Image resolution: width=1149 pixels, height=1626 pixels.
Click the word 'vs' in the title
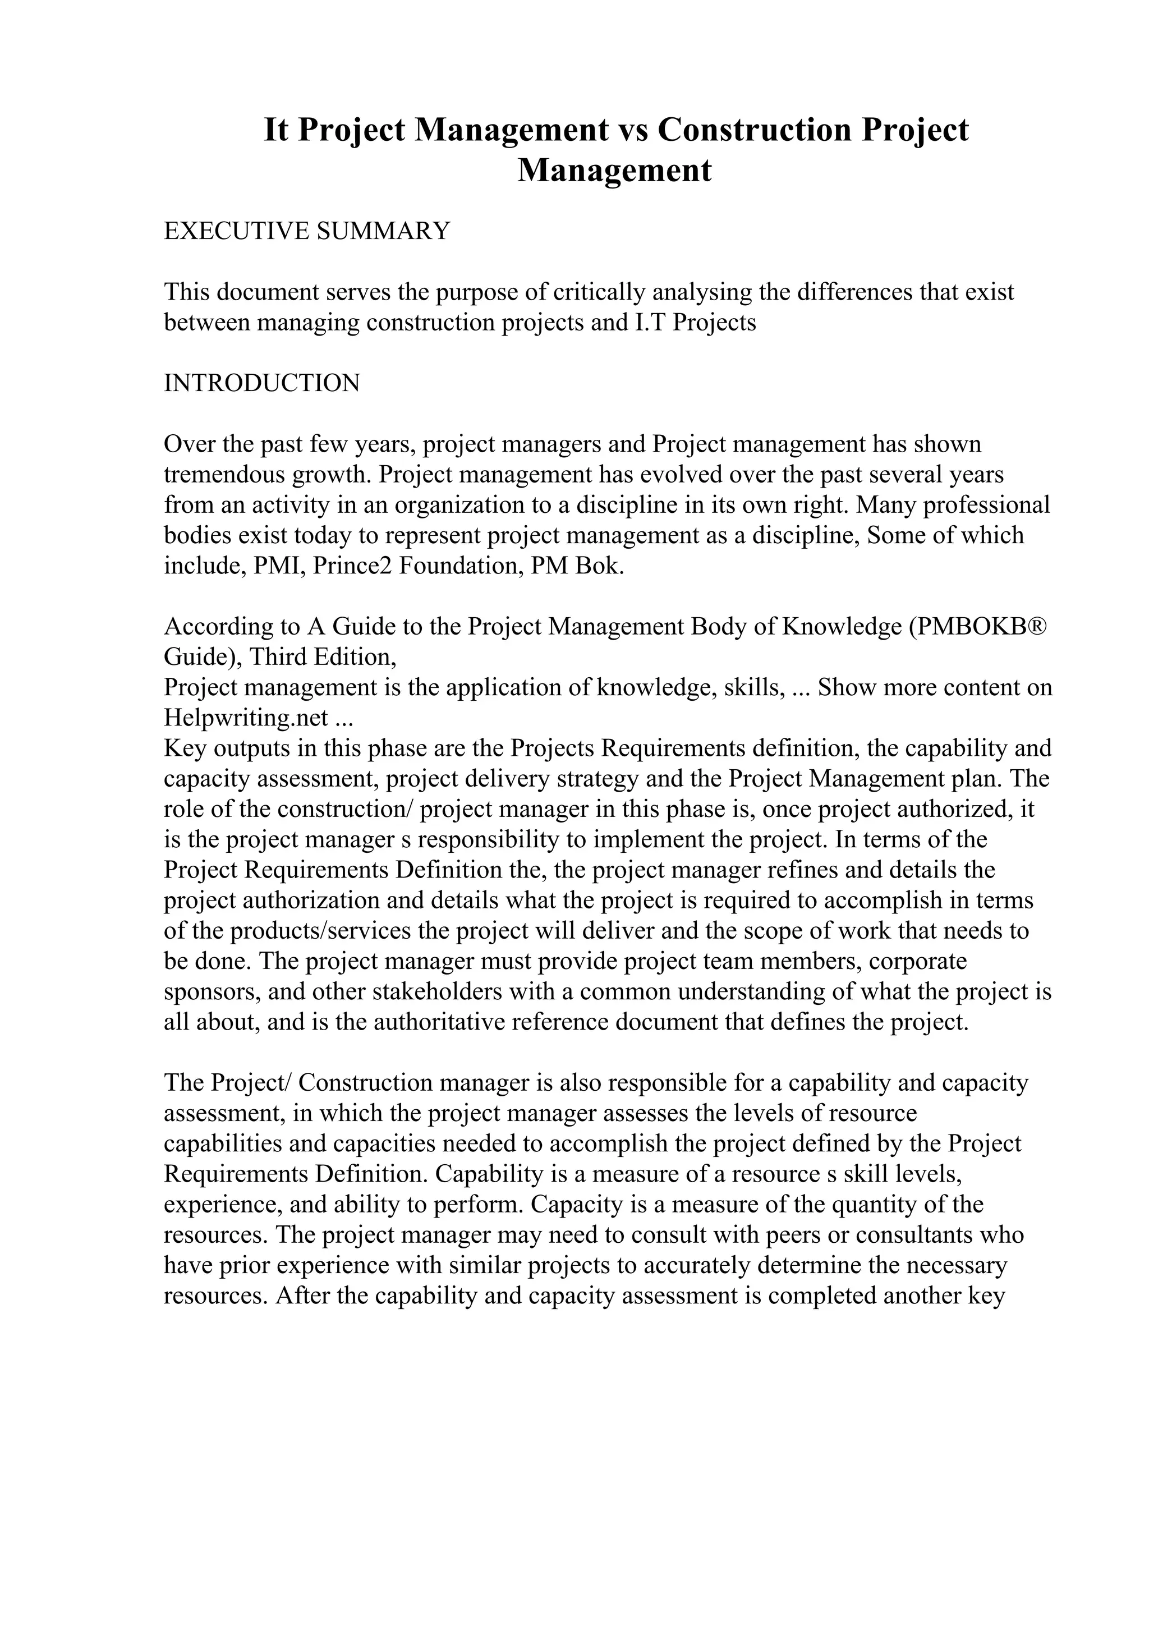(x=633, y=130)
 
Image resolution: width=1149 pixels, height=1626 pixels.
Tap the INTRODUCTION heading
(x=261, y=383)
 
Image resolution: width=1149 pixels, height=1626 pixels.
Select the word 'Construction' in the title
(x=754, y=130)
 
